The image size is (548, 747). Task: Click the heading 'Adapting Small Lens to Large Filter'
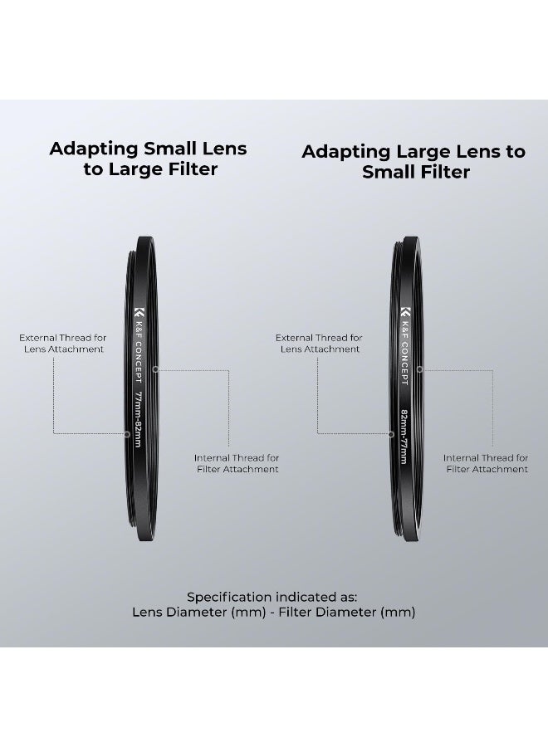click(148, 159)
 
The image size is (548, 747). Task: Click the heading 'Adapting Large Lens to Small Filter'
click(413, 162)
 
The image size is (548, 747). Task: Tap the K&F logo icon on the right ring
click(404, 312)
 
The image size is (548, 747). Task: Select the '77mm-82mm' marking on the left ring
click(138, 419)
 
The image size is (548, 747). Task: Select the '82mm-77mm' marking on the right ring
click(404, 436)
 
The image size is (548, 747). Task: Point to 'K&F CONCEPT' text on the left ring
click(138, 353)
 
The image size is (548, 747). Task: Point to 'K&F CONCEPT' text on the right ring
click(404, 354)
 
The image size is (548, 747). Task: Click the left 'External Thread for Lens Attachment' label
click(63, 344)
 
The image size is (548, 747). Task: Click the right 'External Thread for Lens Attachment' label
click(320, 344)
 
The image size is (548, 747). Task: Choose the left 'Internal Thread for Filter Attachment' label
click(237, 463)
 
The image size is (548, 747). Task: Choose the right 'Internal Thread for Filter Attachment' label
click(487, 463)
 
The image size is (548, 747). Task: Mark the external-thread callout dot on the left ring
click(127, 434)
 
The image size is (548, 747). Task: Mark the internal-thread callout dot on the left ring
click(155, 369)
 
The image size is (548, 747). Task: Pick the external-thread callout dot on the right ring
click(391, 434)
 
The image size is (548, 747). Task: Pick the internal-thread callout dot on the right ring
click(420, 369)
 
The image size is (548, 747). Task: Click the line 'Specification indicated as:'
click(272, 597)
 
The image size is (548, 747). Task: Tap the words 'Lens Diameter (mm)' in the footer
click(199, 613)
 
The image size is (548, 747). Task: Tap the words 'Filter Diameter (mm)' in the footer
click(347, 613)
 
